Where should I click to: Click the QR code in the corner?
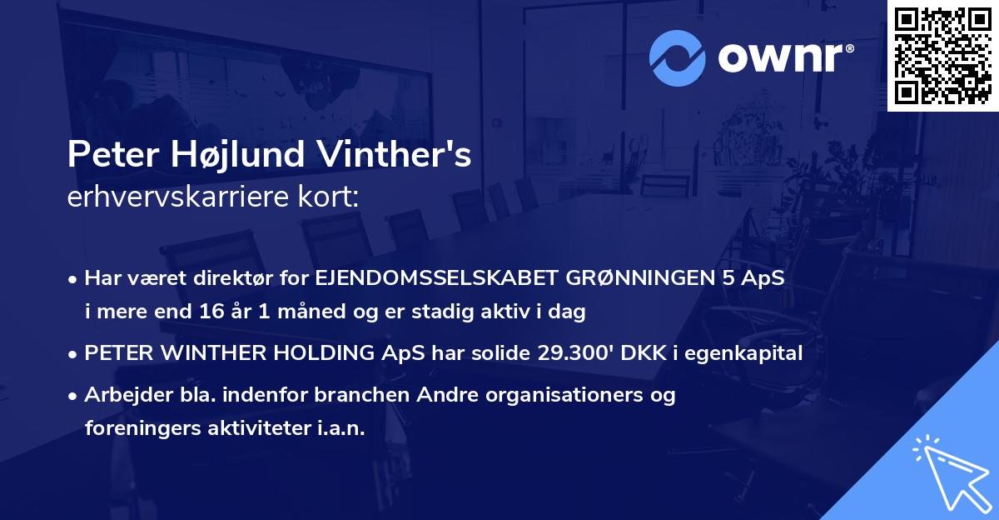(943, 55)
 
